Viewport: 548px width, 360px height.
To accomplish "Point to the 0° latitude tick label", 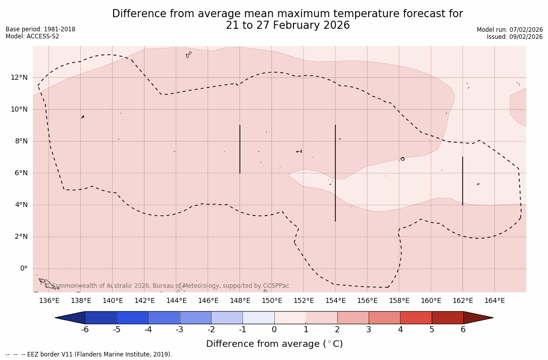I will tap(23, 269).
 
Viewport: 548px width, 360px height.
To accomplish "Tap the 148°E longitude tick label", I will tap(240, 301).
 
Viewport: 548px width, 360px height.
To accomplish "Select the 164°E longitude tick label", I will tap(494, 301).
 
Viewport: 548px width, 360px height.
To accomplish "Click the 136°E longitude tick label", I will tap(49, 301).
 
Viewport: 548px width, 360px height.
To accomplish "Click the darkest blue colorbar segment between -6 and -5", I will tap(101, 318).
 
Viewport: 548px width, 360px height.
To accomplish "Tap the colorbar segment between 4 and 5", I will tap(416, 318).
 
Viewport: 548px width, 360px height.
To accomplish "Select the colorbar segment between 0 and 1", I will tap(290, 318).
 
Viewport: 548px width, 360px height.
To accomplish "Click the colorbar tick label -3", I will tap(179, 330).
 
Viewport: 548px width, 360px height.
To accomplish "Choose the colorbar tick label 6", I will tap(463, 330).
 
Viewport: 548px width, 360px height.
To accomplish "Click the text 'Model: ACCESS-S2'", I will tap(32, 36).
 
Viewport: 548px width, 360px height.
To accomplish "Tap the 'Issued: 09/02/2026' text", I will tap(515, 37).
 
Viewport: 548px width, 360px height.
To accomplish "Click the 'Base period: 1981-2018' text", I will tap(40, 29).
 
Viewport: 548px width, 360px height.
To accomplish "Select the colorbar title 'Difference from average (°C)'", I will tap(274, 344).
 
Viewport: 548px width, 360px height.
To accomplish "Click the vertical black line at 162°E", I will tap(463, 181).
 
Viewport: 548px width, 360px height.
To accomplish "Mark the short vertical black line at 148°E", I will tap(240, 149).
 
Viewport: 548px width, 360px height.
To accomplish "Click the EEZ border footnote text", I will tap(89, 354).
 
